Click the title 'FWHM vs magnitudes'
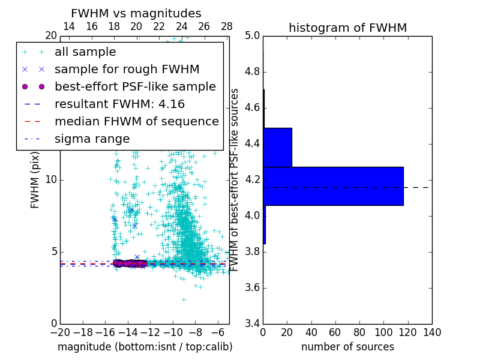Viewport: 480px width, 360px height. pyautogui.click(x=136, y=13)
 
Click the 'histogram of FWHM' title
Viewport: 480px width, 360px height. pyautogui.click(x=347, y=28)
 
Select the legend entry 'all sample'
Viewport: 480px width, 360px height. pyautogui.click(x=85, y=52)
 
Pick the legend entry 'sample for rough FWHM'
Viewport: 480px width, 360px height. pyautogui.click(x=127, y=70)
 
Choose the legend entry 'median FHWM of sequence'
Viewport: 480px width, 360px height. pyautogui.click(x=136, y=122)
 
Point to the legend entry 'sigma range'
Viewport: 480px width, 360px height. pyautogui.click(x=92, y=139)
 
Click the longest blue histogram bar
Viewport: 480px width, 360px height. pyautogui.click(x=333, y=186)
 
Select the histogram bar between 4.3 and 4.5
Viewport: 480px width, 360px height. pyautogui.click(x=277, y=147)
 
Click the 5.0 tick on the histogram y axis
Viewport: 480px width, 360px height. pyautogui.click(x=253, y=36)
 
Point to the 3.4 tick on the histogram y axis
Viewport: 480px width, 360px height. pyautogui.click(x=253, y=323)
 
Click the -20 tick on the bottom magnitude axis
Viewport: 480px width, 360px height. pyautogui.click(x=60, y=332)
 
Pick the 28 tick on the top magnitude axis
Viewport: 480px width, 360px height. pyautogui.click(x=227, y=27)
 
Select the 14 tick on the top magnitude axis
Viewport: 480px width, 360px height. pyautogui.click(x=69, y=27)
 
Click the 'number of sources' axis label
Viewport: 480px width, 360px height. pyautogui.click(x=347, y=347)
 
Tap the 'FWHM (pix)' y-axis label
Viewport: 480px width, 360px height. pyautogui.click(x=35, y=180)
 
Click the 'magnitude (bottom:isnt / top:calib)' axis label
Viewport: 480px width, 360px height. pyautogui.click(x=145, y=347)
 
